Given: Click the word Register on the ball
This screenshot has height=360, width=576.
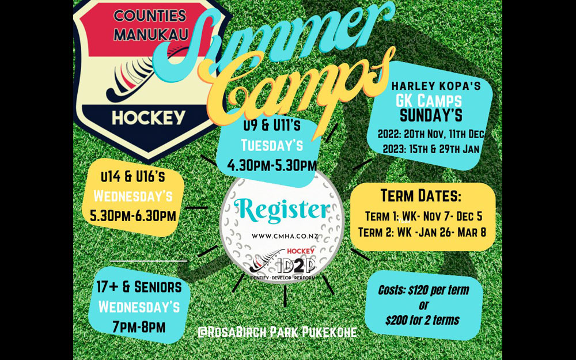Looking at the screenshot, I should coord(281,211).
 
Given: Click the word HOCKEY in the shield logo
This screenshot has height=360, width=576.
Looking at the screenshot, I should coord(149,118).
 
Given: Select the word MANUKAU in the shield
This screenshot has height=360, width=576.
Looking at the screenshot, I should coord(149,35).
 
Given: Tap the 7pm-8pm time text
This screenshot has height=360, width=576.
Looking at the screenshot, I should coord(139,327).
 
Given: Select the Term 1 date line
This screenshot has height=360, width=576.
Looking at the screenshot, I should coord(422,217).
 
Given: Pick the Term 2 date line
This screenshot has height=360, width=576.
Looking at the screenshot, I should coord(422,232).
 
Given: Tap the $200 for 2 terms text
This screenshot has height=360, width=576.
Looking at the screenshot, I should coord(423,319).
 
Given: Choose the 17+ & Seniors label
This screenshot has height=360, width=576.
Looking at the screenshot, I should coord(139,286).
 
